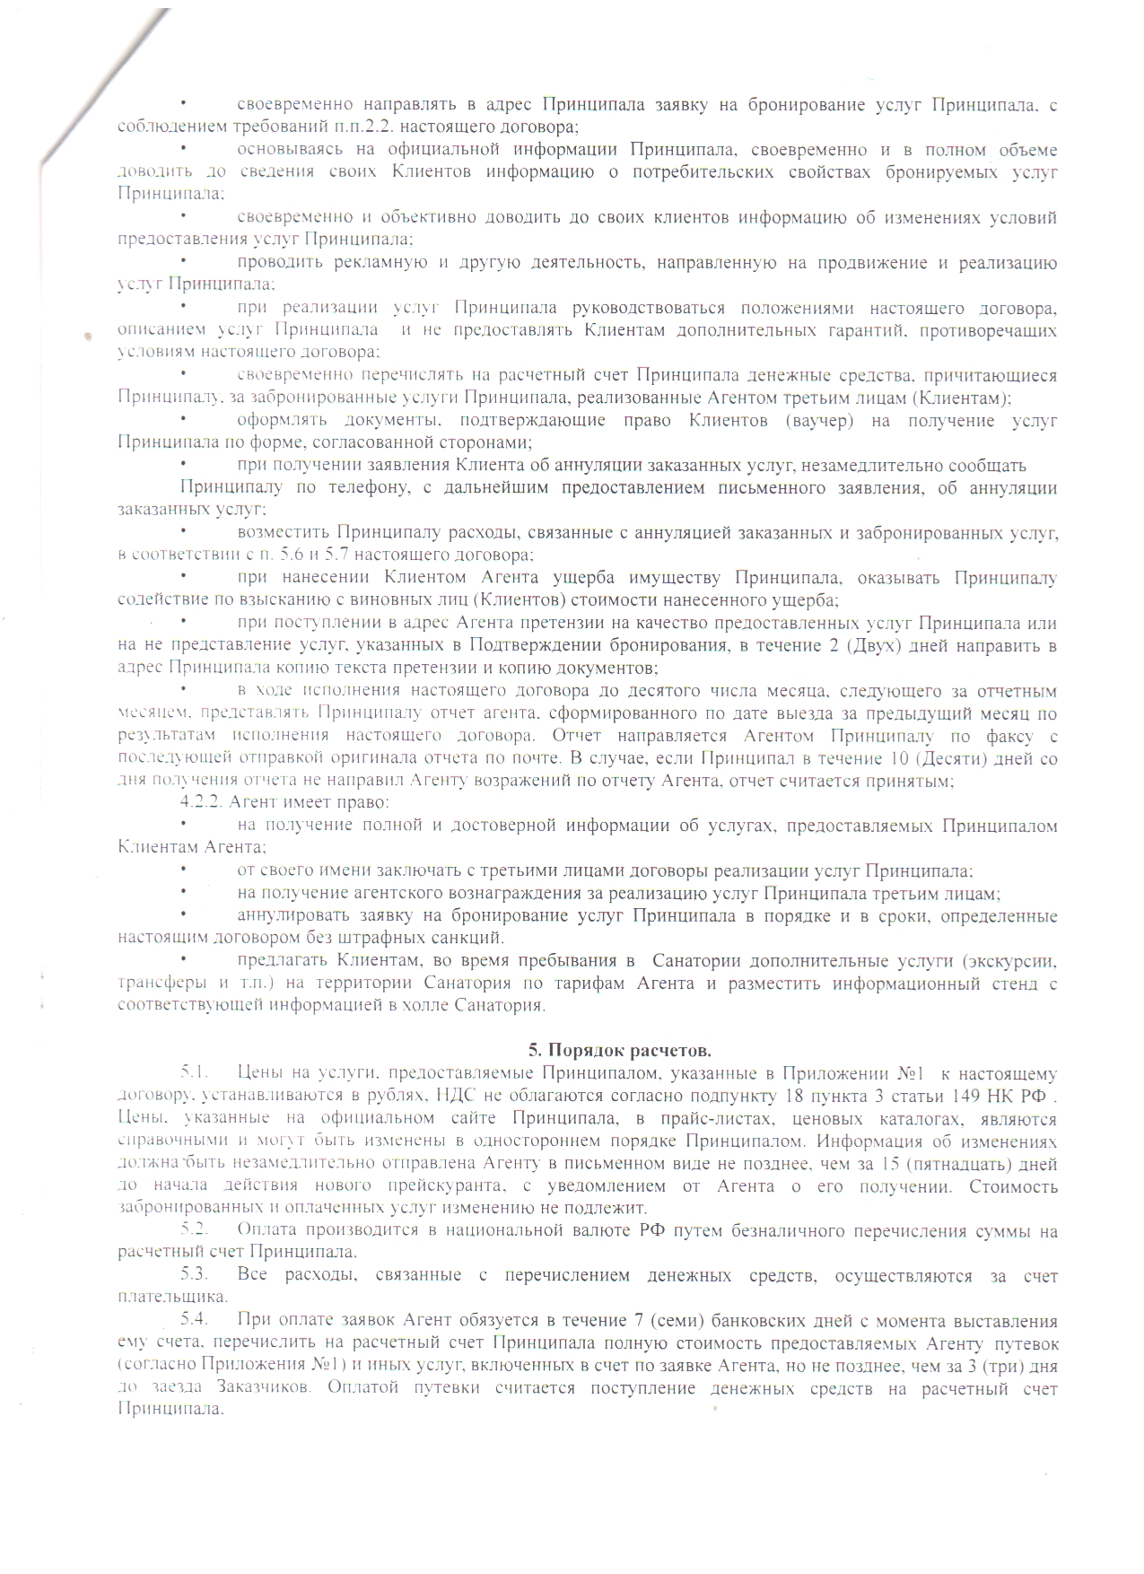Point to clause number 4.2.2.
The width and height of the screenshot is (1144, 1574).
point(204,801)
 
